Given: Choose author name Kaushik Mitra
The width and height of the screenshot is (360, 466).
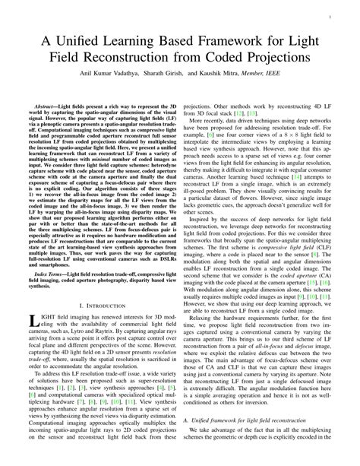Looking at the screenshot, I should [236, 74].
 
